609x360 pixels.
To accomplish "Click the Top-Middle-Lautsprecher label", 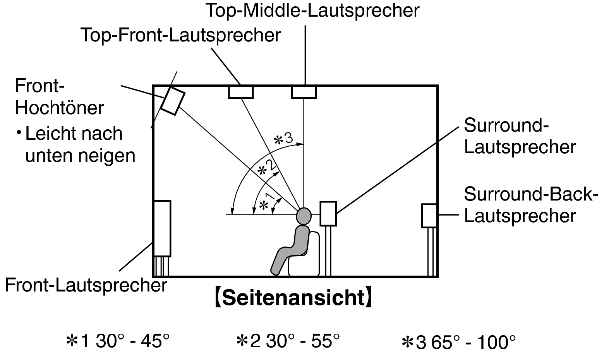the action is pyautogui.click(x=312, y=11).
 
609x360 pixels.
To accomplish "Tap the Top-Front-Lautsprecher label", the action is pyautogui.click(x=181, y=35).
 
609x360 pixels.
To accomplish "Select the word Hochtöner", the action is pyautogui.click(x=59, y=108).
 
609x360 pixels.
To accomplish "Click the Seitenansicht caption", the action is pyautogui.click(x=293, y=298).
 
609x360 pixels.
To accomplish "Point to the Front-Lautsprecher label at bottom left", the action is pyautogui.click(x=86, y=286).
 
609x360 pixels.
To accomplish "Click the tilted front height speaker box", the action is pyautogui.click(x=173, y=101).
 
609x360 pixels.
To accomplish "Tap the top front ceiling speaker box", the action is pyautogui.click(x=241, y=92).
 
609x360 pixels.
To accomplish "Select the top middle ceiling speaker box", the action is pyautogui.click(x=304, y=92).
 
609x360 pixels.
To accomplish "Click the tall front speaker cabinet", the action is pyautogui.click(x=163, y=229).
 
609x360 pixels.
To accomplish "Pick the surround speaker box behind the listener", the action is pyautogui.click(x=328, y=214).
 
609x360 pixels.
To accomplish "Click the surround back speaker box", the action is pyautogui.click(x=429, y=216).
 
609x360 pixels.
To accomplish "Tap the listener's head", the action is pyautogui.click(x=304, y=216).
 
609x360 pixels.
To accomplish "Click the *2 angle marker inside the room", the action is pyautogui.click(x=267, y=168).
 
